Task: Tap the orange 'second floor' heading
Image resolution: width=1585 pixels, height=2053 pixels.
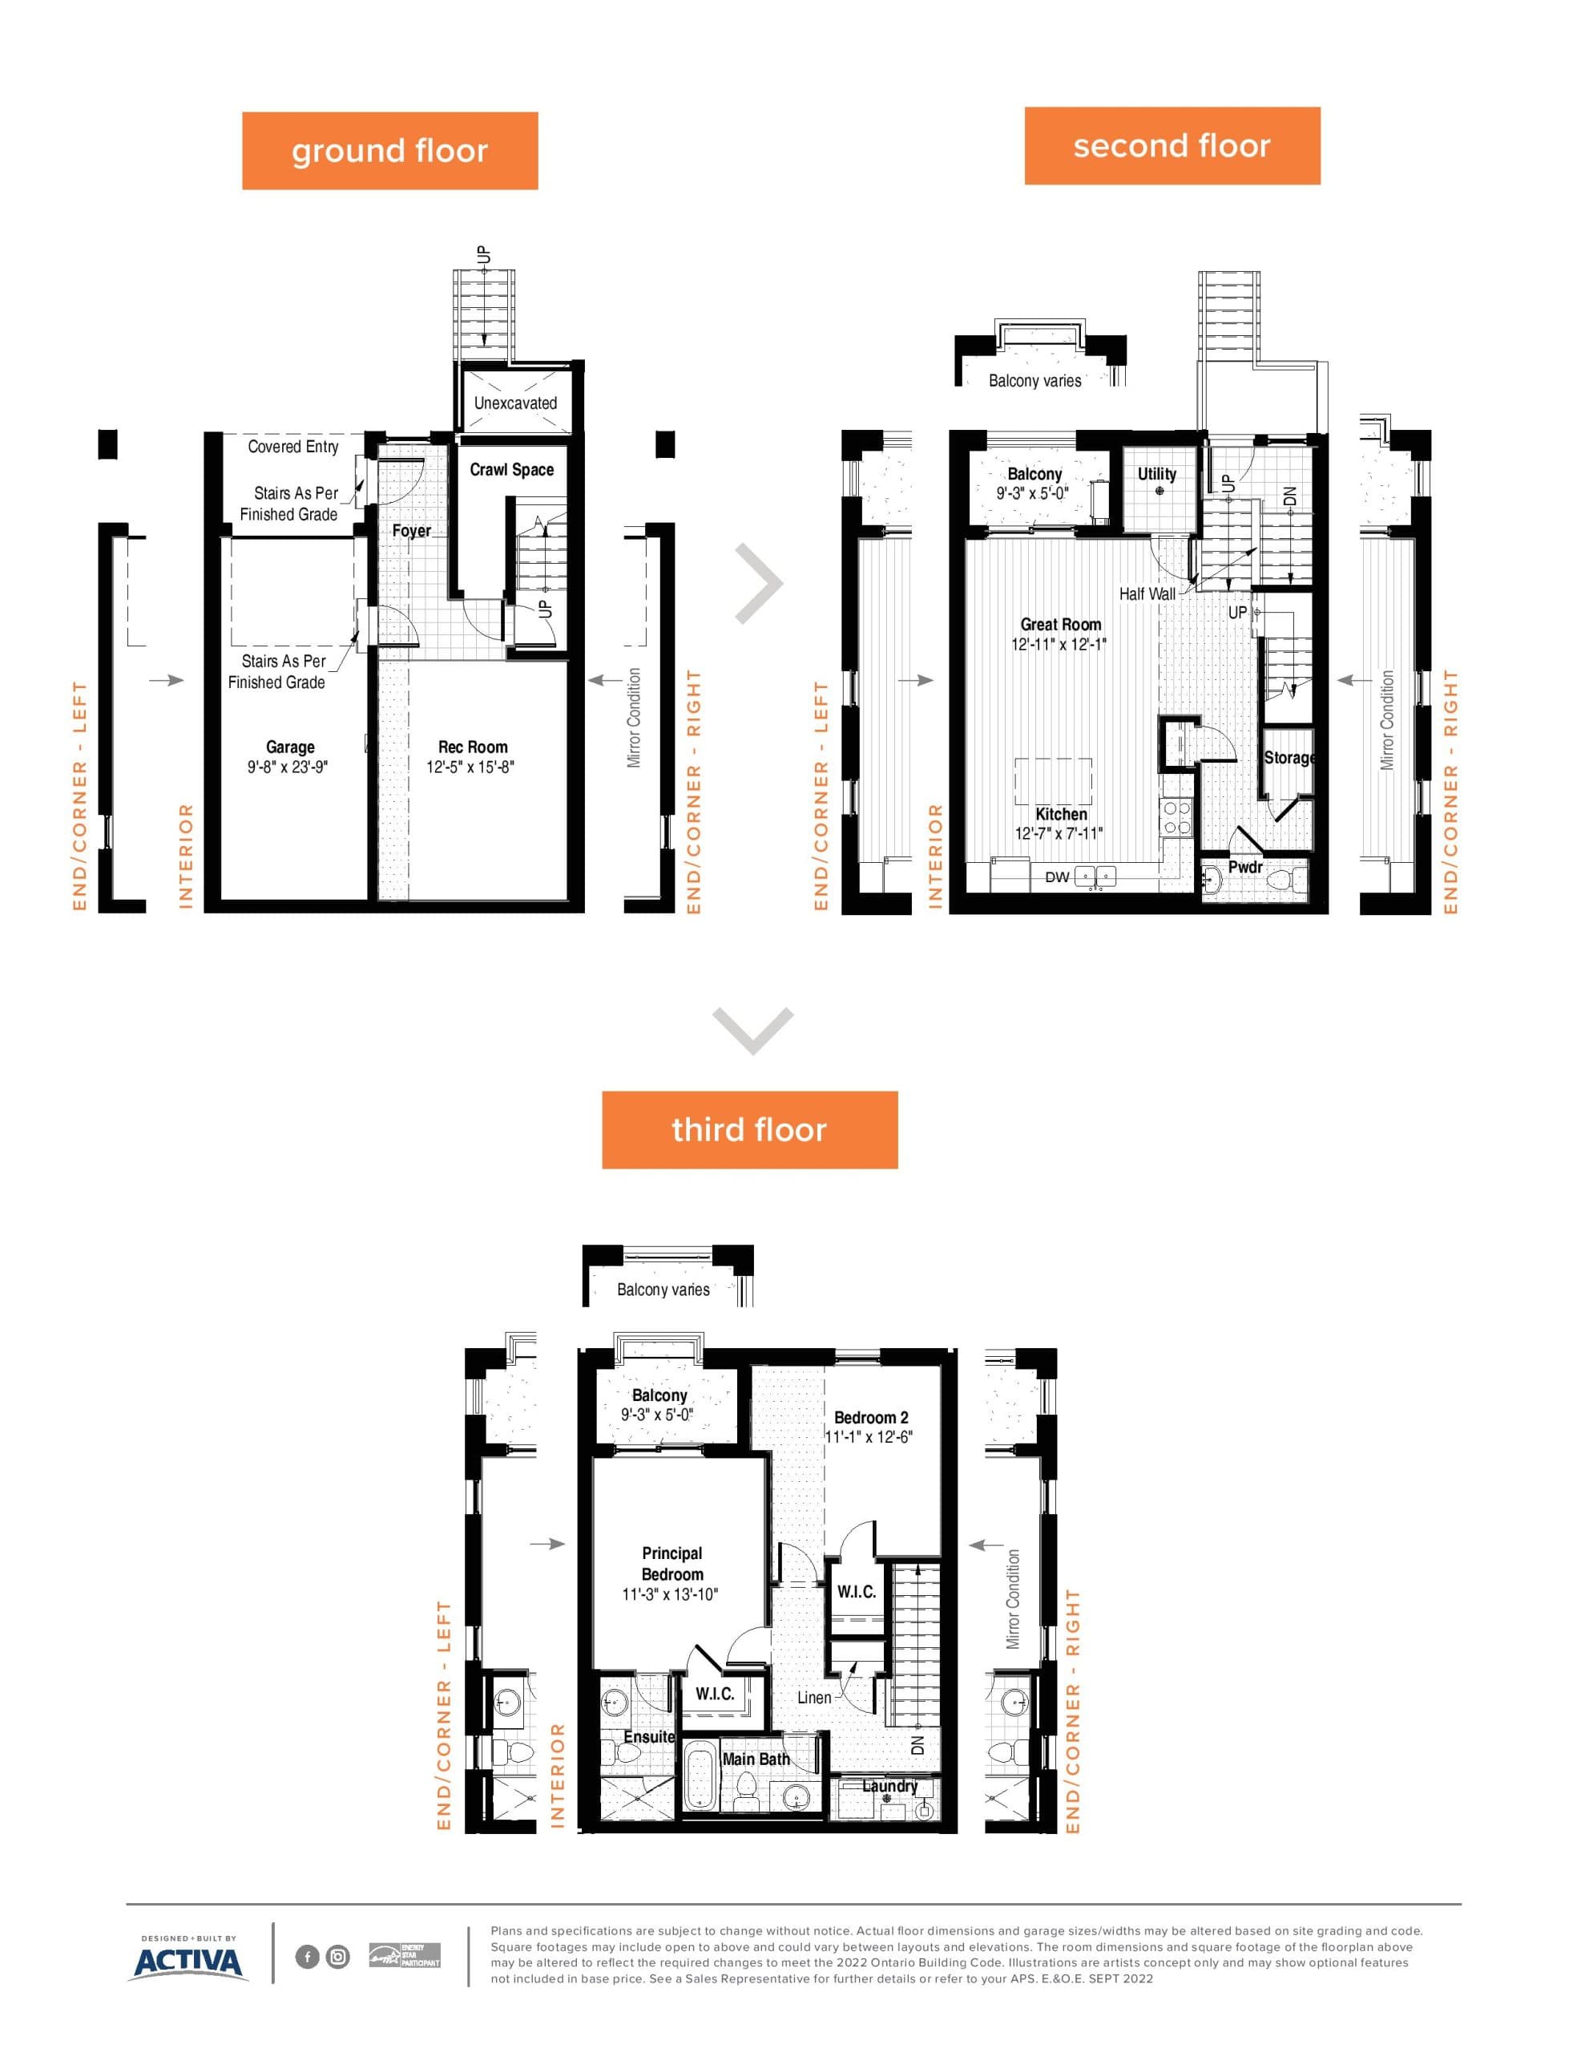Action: point(1171,146)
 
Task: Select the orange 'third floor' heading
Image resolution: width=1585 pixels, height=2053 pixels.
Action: point(748,1129)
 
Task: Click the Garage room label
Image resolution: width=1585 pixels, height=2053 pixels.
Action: point(289,747)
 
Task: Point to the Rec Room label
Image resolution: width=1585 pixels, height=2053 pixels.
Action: point(473,747)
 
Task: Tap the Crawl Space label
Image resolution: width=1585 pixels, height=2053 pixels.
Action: point(511,470)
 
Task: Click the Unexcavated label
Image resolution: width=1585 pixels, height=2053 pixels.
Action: point(515,403)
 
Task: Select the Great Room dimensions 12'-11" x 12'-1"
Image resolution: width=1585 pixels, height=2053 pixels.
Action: point(1059,645)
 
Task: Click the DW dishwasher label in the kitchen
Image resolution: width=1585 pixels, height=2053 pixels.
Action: point(1057,877)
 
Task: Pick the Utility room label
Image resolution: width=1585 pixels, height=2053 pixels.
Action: point(1156,475)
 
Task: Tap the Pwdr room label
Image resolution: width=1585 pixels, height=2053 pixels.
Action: point(1245,867)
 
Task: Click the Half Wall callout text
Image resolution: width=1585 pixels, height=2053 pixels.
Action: point(1146,594)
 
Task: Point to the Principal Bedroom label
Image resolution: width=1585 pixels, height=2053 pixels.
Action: point(672,1563)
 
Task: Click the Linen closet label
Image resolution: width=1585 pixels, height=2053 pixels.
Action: point(813,1698)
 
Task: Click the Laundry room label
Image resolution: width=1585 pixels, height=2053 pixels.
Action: point(889,1786)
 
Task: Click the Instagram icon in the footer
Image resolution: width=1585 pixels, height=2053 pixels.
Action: point(337,1957)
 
